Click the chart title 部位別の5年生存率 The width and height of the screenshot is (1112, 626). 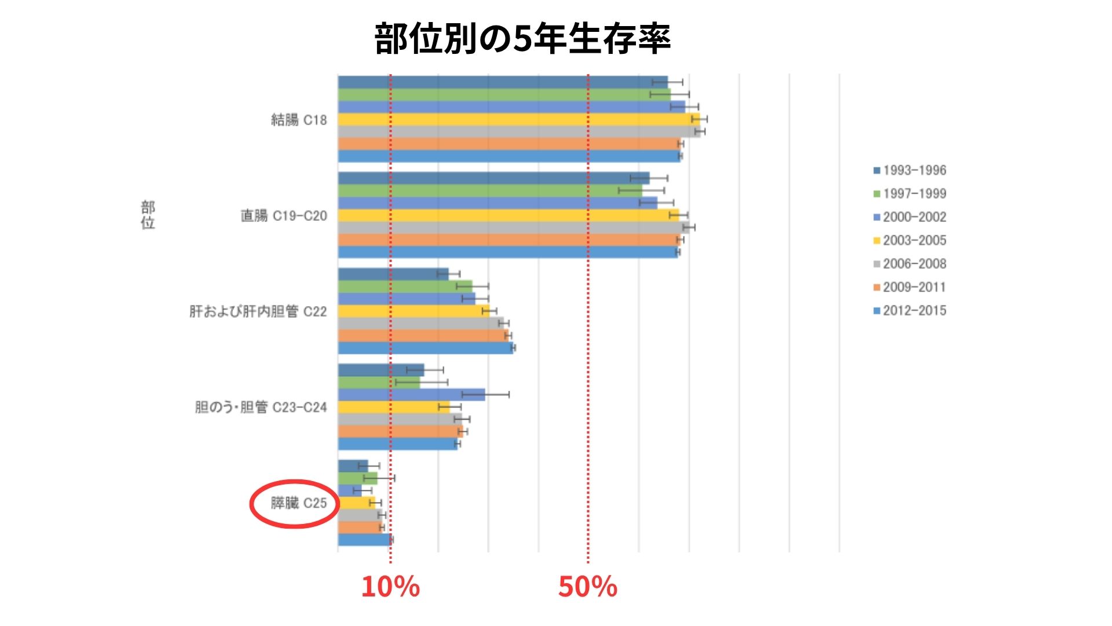pyautogui.click(x=522, y=39)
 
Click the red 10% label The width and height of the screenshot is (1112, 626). pyautogui.click(x=390, y=587)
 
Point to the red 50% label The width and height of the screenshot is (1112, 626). pyautogui.click(x=587, y=587)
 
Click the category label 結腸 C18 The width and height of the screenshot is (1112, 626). pyautogui.click(x=299, y=120)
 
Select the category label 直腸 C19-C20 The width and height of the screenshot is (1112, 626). pyautogui.click(x=284, y=216)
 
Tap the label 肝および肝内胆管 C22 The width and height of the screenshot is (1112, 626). pyautogui.click(x=258, y=312)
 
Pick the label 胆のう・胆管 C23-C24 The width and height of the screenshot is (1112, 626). pyautogui.click(x=261, y=407)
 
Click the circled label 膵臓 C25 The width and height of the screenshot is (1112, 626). pyautogui.click(x=299, y=503)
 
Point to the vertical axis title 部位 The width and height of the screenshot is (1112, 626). pyautogui.click(x=148, y=215)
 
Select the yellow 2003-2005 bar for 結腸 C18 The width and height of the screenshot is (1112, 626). pyautogui.click(x=515, y=119)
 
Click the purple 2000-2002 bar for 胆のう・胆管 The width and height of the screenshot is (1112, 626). pyautogui.click(x=411, y=395)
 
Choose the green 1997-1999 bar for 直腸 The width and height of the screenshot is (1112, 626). pyautogui.click(x=489, y=191)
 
